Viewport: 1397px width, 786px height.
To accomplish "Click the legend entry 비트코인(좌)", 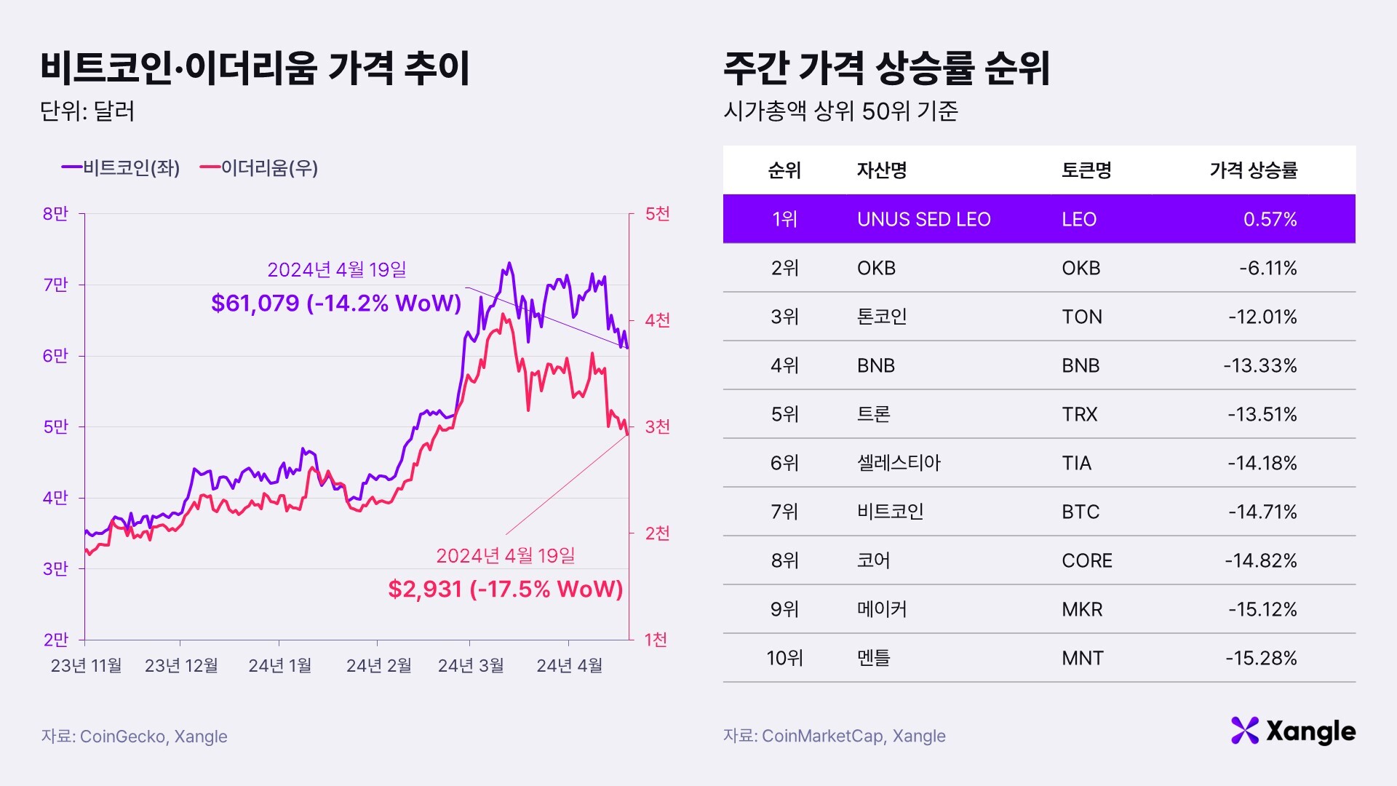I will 122,168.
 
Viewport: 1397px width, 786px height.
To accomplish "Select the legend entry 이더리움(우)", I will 260,168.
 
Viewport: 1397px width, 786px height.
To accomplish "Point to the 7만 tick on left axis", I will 55,285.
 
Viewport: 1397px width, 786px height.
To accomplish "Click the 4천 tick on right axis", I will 657,320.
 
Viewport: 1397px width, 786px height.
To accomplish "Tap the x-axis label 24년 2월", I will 378,665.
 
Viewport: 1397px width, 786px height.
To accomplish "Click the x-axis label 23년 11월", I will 86,665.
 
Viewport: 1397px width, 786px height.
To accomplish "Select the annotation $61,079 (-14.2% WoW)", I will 336,303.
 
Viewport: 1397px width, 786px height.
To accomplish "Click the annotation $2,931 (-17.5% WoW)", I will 505,589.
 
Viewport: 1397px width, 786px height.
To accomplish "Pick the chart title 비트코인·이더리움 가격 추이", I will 255,68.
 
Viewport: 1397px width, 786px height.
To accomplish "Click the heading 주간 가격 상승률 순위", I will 886,68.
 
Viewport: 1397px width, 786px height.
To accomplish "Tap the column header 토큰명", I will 1086,170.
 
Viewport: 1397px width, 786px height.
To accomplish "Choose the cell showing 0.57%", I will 1270,219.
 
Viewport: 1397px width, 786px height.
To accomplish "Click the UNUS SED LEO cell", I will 923,219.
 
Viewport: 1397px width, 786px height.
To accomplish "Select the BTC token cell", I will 1080,512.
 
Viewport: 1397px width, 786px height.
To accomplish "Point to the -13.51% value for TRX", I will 1262,414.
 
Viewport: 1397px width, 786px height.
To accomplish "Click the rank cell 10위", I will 784,658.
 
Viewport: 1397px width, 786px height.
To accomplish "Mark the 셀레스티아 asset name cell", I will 899,463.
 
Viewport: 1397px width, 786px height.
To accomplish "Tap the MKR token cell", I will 1082,609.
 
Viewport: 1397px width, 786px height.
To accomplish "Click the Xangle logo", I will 1293,731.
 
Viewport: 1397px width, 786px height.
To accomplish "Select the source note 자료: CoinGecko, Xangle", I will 134,737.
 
